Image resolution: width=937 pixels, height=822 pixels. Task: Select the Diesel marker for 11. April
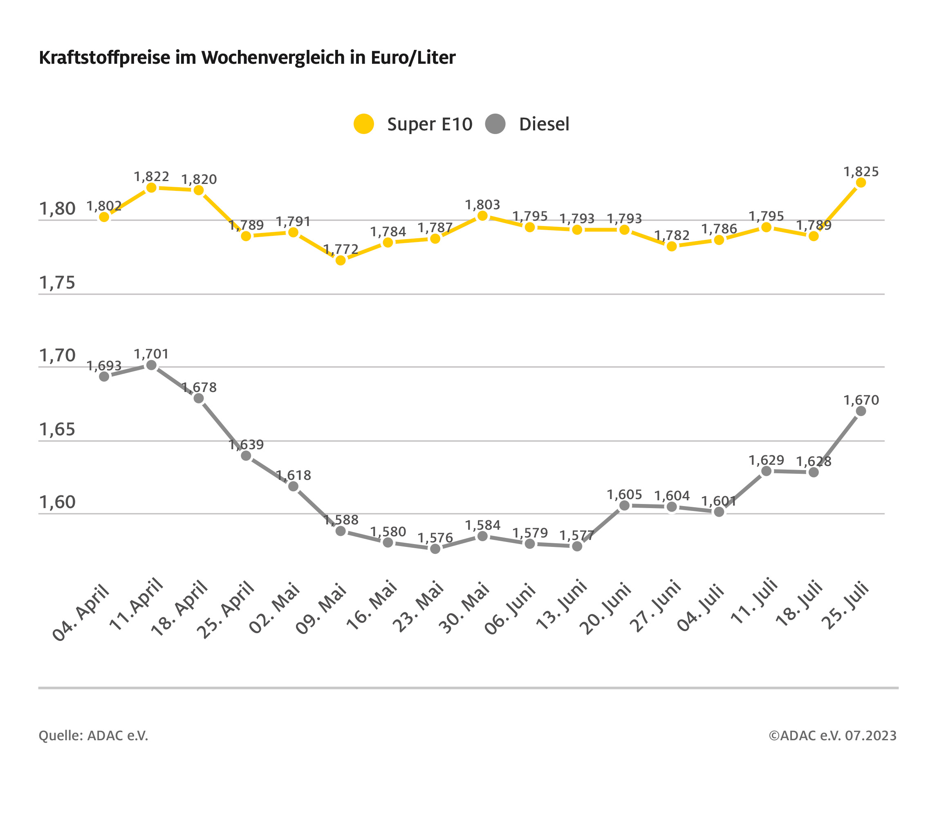pos(151,365)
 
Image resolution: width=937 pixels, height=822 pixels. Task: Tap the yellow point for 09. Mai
pos(341,260)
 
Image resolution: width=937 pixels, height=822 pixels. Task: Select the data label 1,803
pos(482,205)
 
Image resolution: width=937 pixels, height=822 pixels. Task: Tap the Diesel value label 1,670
pos(861,400)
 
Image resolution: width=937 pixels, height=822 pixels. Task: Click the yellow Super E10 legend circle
pos(364,124)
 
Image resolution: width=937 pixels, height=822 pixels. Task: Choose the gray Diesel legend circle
pos(495,124)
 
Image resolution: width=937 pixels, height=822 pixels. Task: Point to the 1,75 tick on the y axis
pos(57,283)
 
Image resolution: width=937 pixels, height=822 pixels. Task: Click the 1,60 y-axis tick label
pos(57,502)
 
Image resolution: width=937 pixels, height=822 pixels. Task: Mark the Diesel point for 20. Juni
pos(624,506)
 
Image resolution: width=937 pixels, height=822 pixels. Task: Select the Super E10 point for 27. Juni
pos(672,246)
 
